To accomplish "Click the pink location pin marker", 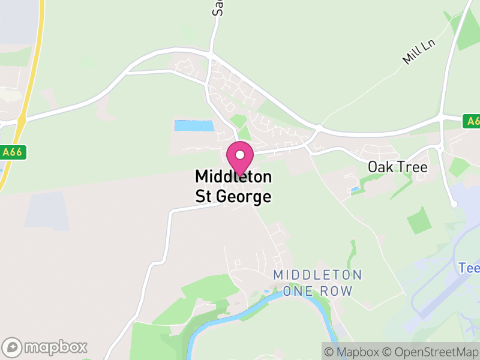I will [x=239, y=159].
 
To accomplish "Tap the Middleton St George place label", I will [x=233, y=187].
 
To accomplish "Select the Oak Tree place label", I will [x=398, y=167].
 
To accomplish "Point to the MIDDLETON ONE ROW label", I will [x=317, y=283].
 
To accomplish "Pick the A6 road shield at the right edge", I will [x=472, y=121].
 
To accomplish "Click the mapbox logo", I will [x=45, y=347].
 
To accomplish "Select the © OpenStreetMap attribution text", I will [x=431, y=352].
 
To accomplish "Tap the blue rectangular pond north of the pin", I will [x=194, y=126].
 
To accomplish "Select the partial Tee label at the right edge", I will [x=469, y=268].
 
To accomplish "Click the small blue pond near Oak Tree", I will [x=356, y=190].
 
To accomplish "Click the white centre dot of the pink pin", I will [x=239, y=155].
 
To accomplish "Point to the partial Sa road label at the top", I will [x=218, y=7].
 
